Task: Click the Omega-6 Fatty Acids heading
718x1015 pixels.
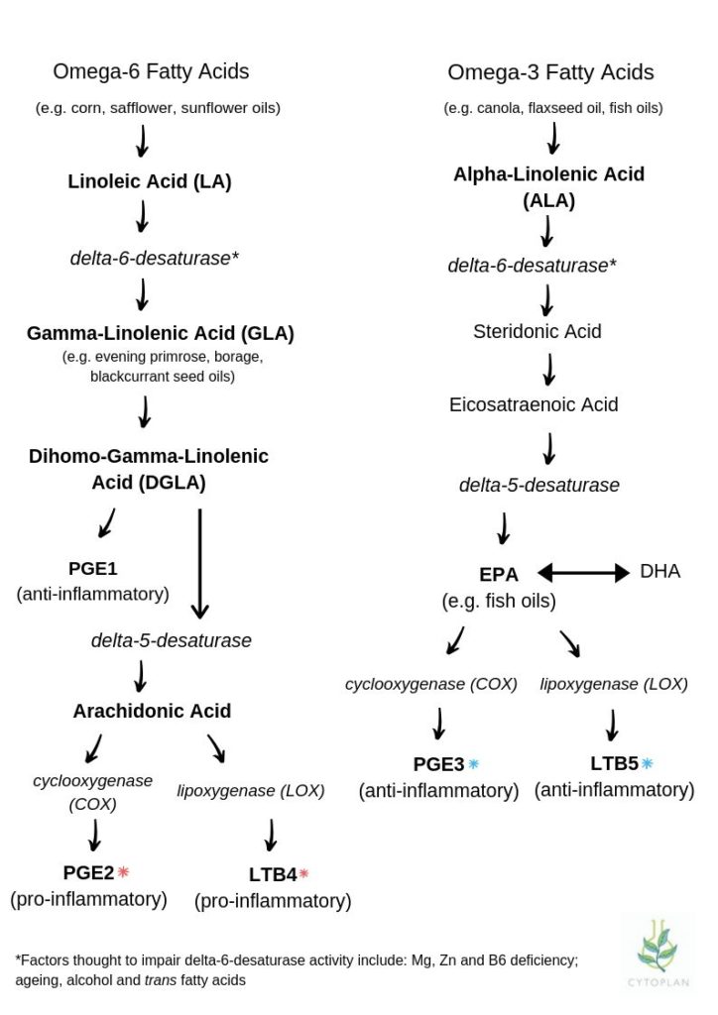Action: point(151,71)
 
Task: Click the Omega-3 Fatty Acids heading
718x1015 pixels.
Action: point(550,72)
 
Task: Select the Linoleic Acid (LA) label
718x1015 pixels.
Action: point(150,181)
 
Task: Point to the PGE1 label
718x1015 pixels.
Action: point(92,568)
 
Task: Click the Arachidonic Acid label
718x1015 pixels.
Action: point(152,711)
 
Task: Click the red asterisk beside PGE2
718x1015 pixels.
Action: point(123,872)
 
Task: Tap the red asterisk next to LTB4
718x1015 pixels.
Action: point(303,874)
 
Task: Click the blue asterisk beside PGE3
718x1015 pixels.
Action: point(473,764)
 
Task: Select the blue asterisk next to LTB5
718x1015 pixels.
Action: point(647,763)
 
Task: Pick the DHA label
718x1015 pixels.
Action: point(659,572)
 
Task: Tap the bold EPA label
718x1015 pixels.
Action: point(499,574)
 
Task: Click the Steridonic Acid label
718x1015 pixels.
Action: point(538,331)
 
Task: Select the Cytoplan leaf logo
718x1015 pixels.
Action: point(656,953)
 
